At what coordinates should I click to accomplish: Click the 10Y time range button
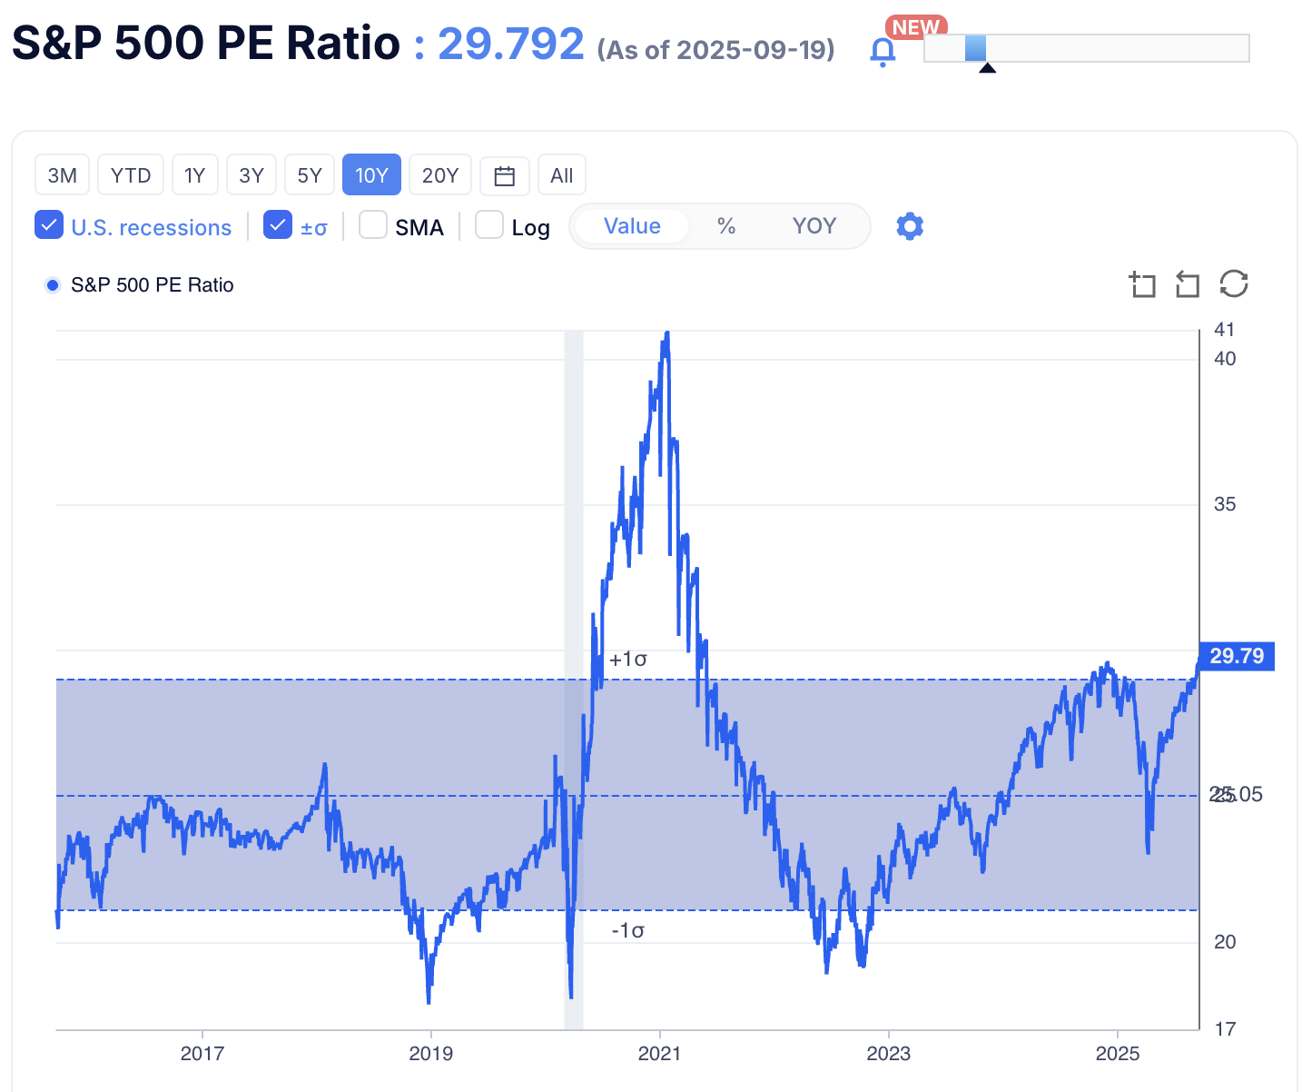(371, 175)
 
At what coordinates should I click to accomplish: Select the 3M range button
(62, 175)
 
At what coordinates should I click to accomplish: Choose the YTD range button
(131, 175)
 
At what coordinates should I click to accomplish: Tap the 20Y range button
(439, 175)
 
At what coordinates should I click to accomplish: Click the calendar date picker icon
(505, 175)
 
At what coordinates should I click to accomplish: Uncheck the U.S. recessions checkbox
(49, 225)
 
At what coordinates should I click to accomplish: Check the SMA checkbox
(373, 225)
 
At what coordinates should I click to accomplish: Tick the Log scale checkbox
(489, 225)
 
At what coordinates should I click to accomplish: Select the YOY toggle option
(814, 226)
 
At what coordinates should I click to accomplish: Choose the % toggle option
(726, 226)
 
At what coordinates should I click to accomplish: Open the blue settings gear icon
(910, 226)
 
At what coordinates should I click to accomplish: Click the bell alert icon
(883, 52)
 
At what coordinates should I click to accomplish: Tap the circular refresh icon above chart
(1234, 284)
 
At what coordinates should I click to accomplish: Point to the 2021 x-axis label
(659, 1054)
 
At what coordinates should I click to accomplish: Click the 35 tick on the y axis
(1225, 504)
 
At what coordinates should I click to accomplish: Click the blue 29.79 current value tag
(1237, 656)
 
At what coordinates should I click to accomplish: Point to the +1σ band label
(628, 660)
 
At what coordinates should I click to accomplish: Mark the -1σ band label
(628, 930)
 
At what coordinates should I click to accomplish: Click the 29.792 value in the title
(511, 44)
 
